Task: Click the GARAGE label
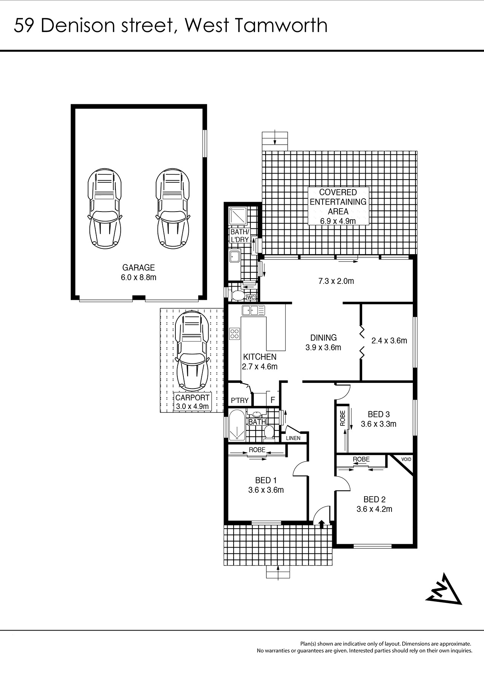coord(139,268)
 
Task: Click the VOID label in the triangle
coord(406,459)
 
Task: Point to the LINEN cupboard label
coord(293,438)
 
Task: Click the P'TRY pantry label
coord(240,400)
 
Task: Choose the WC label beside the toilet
coord(251,297)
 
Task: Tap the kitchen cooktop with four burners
coord(234,334)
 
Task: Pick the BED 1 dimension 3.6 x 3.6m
coord(266,490)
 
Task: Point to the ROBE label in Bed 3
coord(342,418)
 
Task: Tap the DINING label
coord(323,338)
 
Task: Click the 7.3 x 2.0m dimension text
coord(336,281)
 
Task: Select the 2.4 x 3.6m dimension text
coord(389,341)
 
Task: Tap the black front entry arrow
coord(322,524)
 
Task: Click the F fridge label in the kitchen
coord(272,400)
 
